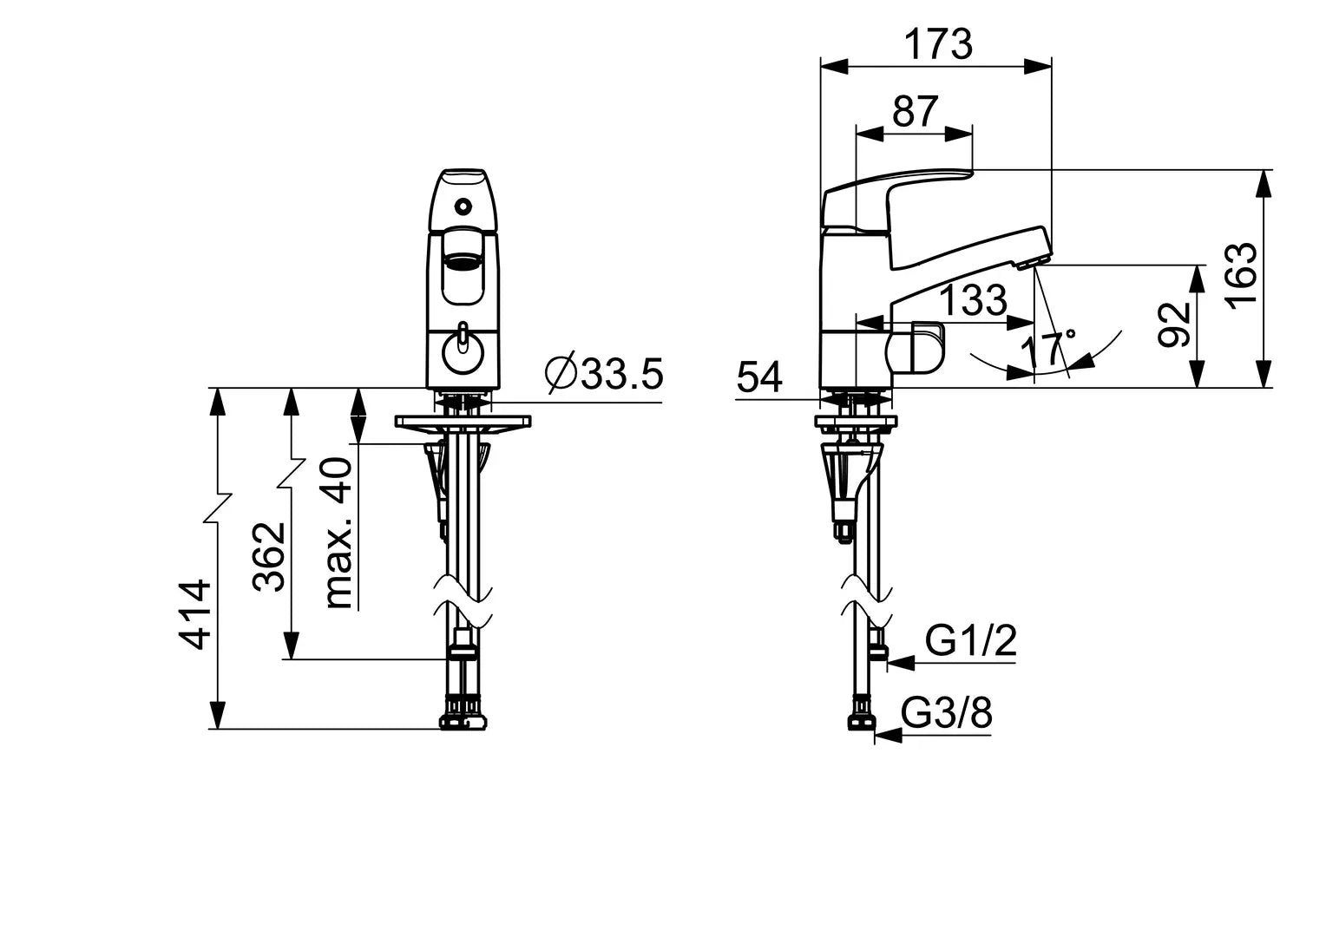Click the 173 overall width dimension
939,44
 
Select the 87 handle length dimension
916,111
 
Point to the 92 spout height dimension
1174,324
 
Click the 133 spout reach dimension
974,299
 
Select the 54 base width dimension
760,377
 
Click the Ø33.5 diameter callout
604,373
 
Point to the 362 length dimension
269,556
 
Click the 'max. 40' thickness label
338,533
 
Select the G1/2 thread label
971,640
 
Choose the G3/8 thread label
947,712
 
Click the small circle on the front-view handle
463,206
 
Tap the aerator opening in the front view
463,261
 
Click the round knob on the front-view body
463,356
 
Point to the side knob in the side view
916,348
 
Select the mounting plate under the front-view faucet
463,422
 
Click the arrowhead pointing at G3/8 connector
888,736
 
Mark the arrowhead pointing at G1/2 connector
901,664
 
